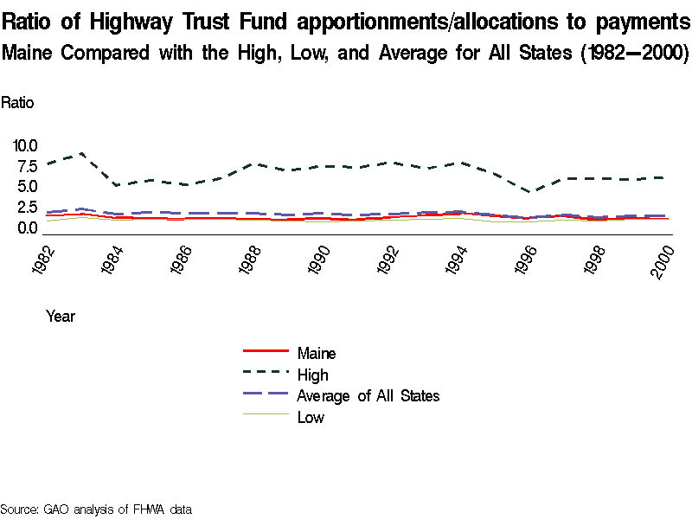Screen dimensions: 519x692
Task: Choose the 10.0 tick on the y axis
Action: point(24,145)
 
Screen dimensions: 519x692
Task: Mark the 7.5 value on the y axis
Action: point(27,166)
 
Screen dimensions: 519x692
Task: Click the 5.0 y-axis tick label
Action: point(27,187)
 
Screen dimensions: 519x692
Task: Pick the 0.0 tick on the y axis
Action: point(27,228)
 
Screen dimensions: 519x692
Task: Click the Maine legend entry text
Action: point(316,353)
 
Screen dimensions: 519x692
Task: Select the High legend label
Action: point(312,375)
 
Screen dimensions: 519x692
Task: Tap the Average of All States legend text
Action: point(368,396)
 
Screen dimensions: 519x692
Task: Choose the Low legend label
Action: point(311,418)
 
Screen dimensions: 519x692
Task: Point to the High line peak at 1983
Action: point(80,153)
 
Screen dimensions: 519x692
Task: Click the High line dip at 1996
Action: point(533,192)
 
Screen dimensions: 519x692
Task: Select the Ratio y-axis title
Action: point(17,103)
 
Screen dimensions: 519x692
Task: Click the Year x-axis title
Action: point(61,317)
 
